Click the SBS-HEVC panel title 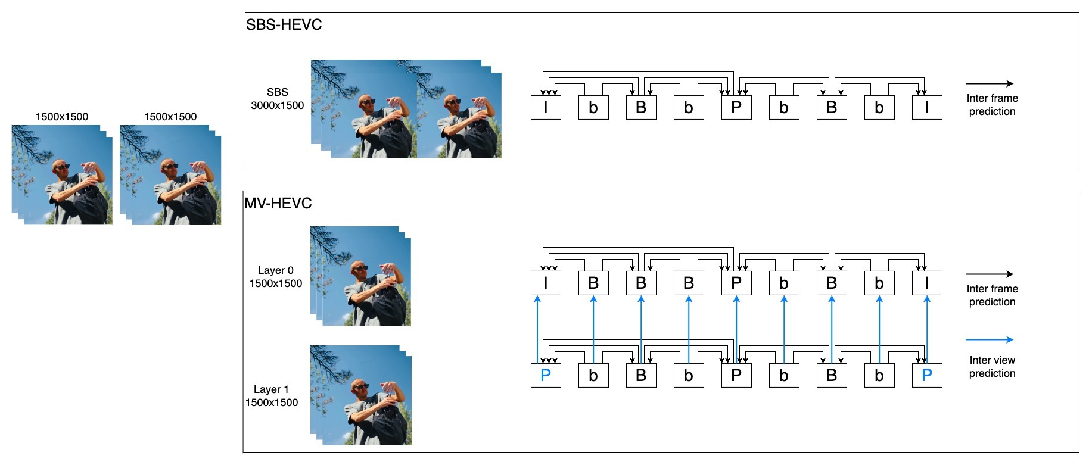point(284,25)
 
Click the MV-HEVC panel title point(278,204)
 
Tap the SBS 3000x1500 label point(277,99)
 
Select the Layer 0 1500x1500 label point(275,277)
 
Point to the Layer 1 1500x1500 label point(272,396)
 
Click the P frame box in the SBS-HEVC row point(736,108)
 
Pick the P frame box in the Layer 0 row point(736,283)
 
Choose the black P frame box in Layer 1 point(736,376)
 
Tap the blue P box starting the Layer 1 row point(546,376)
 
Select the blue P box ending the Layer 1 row point(927,376)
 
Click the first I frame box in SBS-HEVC point(546,108)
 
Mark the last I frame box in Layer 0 point(927,283)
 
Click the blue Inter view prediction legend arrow point(989,340)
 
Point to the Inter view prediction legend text point(992,367)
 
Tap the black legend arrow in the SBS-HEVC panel point(989,84)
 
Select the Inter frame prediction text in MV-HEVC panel point(992,295)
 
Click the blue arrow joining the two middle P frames point(736,327)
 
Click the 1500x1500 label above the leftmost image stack point(62,117)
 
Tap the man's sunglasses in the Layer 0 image point(361,269)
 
